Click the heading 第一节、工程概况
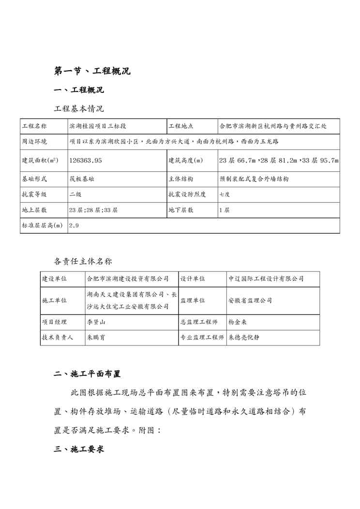point(92,71)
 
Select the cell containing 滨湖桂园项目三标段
point(97,126)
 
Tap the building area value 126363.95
point(86,160)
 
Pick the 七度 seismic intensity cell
point(225,195)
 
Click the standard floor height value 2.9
point(74,225)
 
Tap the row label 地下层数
point(180,210)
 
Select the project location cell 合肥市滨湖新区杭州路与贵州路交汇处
point(272,126)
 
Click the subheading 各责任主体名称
point(82,261)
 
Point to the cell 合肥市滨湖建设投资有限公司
point(128,279)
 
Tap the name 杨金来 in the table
point(238,322)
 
